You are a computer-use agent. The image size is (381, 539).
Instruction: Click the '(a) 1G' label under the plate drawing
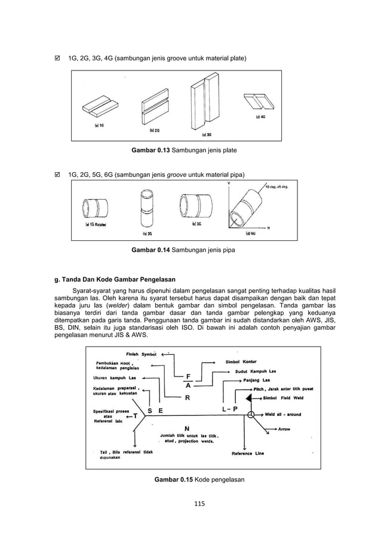100,125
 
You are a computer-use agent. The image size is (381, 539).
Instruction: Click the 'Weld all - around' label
283,414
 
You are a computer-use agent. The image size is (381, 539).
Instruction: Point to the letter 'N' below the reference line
187,429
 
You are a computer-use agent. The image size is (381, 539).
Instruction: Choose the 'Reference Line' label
247,453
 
